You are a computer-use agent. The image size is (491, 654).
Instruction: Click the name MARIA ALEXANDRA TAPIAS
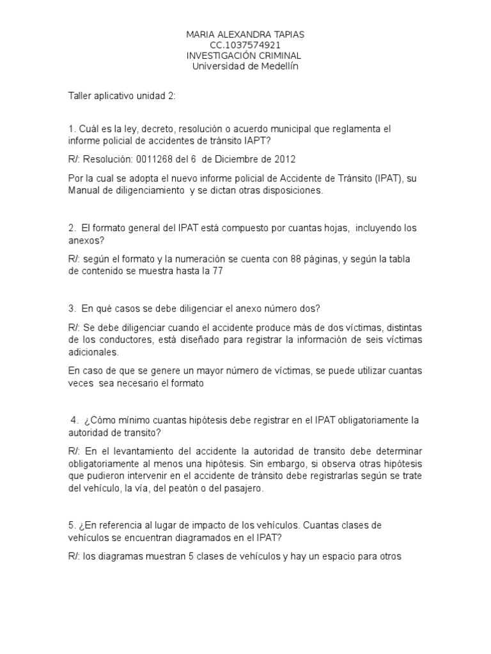245,34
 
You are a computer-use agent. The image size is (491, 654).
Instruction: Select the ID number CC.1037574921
245,45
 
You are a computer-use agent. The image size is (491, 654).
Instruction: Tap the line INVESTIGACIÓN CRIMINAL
245,56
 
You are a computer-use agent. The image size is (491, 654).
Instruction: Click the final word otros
388,556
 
